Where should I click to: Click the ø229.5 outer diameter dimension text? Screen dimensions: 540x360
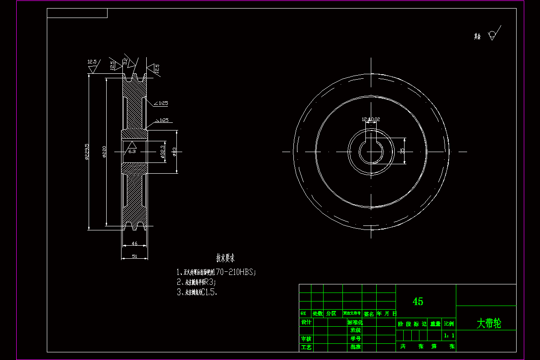tap(87, 152)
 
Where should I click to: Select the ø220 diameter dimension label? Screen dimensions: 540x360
tap(104, 152)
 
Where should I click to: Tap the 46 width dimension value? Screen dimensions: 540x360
tap(135, 243)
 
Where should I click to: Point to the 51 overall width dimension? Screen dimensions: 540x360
tap(135, 256)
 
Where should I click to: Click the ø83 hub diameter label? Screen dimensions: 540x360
tap(174, 152)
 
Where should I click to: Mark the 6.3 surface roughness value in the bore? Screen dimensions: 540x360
tap(132, 152)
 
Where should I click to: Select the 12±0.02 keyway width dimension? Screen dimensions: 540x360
tap(371, 120)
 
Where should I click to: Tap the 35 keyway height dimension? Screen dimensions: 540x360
tap(402, 150)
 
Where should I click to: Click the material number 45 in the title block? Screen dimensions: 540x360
tap(418, 301)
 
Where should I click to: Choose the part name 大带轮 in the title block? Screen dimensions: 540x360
tap(489, 323)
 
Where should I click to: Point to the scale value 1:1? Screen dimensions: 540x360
tap(449, 336)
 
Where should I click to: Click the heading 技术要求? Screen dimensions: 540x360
tap(225, 258)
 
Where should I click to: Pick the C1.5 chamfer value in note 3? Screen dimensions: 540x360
tap(209, 292)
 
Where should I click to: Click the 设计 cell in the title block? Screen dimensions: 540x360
tap(306, 322)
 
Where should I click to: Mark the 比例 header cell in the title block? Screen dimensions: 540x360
tap(449, 324)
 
